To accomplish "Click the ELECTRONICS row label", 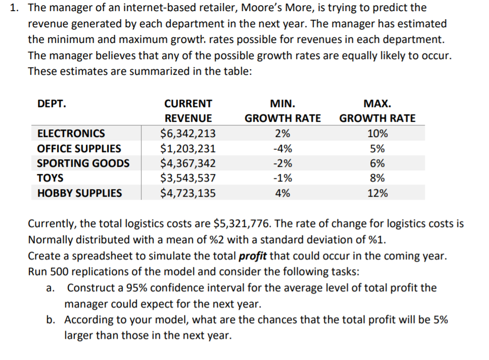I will (71, 133).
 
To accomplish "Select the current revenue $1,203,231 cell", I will (188, 149).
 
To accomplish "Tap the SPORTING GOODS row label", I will (83, 163).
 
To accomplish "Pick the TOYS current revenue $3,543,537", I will (188, 178).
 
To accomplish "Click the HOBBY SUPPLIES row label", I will (79, 193).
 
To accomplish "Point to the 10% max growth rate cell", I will (377, 133).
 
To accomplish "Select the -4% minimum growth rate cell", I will (282, 149).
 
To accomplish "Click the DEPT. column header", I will (52, 104).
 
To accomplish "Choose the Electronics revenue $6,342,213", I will (188, 133).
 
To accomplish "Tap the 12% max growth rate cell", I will (377, 193).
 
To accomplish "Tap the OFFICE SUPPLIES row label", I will (79, 149).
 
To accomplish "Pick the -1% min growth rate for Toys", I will (282, 178).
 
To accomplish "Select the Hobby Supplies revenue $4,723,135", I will (188, 193).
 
